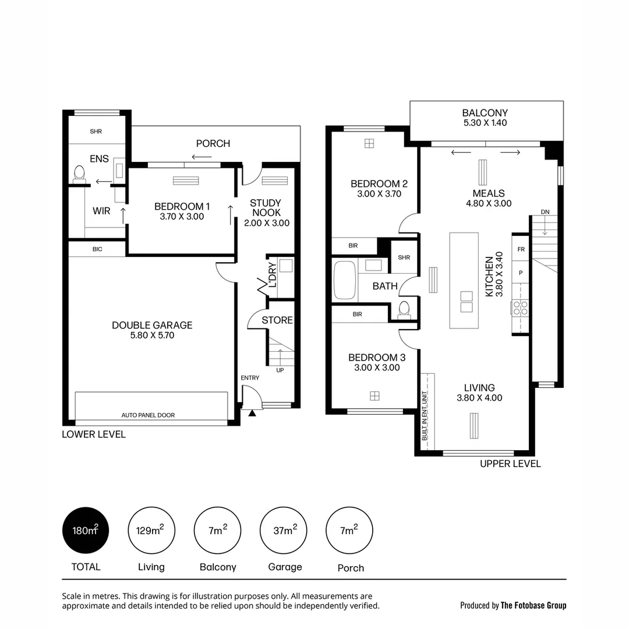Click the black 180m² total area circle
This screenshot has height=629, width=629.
coord(86,531)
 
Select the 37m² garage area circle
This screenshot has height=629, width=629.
coord(284,531)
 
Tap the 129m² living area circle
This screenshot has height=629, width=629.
coord(151,531)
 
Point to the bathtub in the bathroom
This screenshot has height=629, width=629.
coord(344,281)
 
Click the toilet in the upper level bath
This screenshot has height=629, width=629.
coord(404,309)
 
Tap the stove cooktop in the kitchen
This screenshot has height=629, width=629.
coord(520,308)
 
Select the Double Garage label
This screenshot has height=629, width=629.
coord(152,325)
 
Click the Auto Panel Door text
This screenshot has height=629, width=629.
coord(148,415)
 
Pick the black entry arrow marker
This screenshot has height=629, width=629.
coord(252,414)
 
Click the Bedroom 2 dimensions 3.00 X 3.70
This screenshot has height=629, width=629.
coord(379,194)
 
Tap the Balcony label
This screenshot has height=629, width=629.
coord(485,113)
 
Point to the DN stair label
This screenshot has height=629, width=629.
coord(545,212)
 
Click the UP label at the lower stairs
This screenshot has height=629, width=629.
coord(280,370)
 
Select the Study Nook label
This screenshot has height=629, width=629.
coord(265,208)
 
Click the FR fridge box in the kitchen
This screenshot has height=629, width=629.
coord(520,249)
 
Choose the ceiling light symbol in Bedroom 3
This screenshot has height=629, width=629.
coord(374,396)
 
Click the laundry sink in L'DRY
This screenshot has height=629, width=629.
coord(285,266)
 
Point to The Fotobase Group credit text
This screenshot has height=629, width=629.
coord(533,605)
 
